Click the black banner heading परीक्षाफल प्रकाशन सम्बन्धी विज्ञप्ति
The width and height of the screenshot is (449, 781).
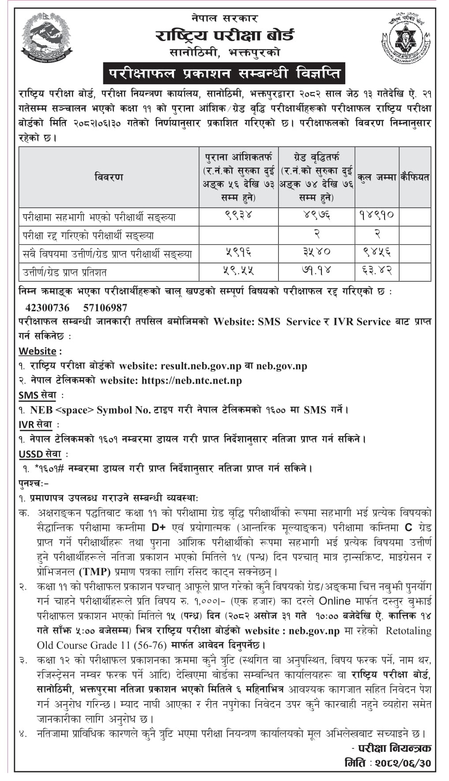click(x=224, y=74)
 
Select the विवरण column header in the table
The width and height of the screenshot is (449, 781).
click(x=109, y=177)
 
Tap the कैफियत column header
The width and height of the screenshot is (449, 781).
click(x=415, y=177)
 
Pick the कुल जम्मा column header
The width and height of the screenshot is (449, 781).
click(x=377, y=177)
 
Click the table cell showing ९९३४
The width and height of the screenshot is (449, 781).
click(x=238, y=215)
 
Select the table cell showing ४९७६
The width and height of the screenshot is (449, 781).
click(x=316, y=215)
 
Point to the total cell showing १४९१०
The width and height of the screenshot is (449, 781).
click(x=377, y=215)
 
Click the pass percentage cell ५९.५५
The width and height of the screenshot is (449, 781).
click(x=238, y=271)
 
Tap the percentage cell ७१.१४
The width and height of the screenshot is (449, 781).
click(x=316, y=271)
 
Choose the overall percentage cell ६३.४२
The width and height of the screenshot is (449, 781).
click(x=377, y=271)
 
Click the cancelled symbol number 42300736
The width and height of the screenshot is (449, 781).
click(x=47, y=307)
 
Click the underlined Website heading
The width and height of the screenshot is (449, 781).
click(x=38, y=351)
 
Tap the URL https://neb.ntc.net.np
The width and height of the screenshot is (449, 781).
click(x=192, y=381)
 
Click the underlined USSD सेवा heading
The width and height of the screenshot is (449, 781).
click(x=40, y=454)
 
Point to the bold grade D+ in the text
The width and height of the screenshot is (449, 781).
click(x=158, y=528)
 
